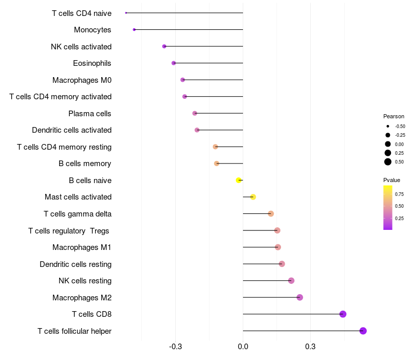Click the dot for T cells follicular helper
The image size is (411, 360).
coord(363,331)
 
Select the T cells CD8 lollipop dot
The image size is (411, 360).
coord(343,314)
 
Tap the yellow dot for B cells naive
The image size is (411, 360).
coord(238,180)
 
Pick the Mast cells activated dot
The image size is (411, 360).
coord(253,197)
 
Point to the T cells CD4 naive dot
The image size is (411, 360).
coord(126,13)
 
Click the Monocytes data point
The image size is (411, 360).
coord(134,30)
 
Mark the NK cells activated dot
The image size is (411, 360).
coord(164,46)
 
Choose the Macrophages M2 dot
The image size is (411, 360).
coord(300,297)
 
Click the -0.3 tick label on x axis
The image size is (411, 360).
coord(175,347)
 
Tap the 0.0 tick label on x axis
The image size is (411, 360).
coord(243,347)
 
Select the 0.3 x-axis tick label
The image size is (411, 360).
coord(310,347)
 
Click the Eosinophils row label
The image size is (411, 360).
coord(92,63)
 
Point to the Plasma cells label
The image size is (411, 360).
coord(90,114)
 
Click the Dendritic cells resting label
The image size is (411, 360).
coord(76,264)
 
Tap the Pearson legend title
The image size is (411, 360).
coord(394,116)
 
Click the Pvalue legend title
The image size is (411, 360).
coord(391,180)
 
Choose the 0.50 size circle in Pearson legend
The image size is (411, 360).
coord(388,162)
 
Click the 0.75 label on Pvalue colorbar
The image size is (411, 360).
coord(399,194)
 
